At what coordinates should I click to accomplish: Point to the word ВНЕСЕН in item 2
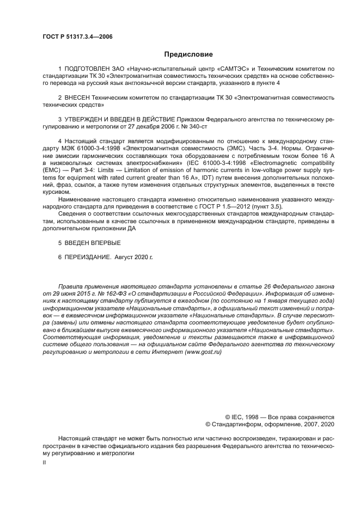[x=78, y=97]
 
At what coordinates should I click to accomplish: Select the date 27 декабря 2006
[x=148, y=126]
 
